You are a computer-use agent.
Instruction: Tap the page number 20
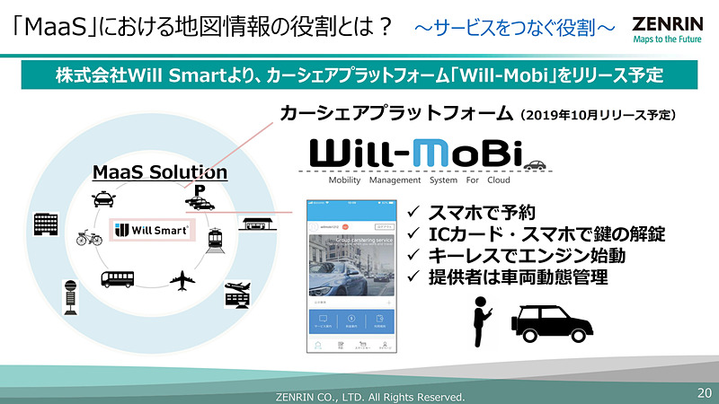[x=704, y=393]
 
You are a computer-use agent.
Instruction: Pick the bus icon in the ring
[x=118, y=279]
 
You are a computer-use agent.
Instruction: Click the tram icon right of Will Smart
[x=217, y=238]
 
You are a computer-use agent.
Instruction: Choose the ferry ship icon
[x=238, y=295]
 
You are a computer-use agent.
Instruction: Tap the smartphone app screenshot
[x=352, y=277]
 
